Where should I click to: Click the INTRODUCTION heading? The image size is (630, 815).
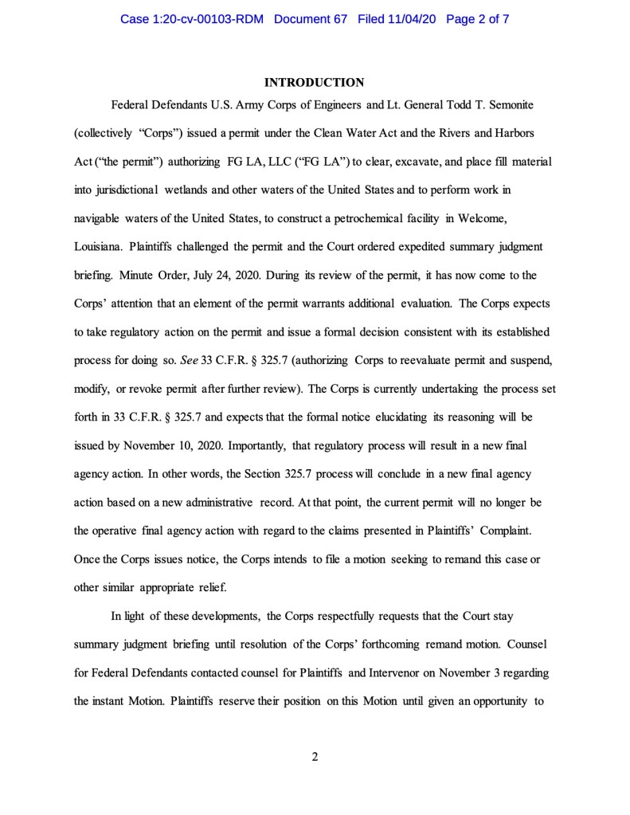pos(314,82)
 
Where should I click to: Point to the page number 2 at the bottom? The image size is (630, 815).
pos(315,756)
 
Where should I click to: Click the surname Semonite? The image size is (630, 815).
pos(515,105)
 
